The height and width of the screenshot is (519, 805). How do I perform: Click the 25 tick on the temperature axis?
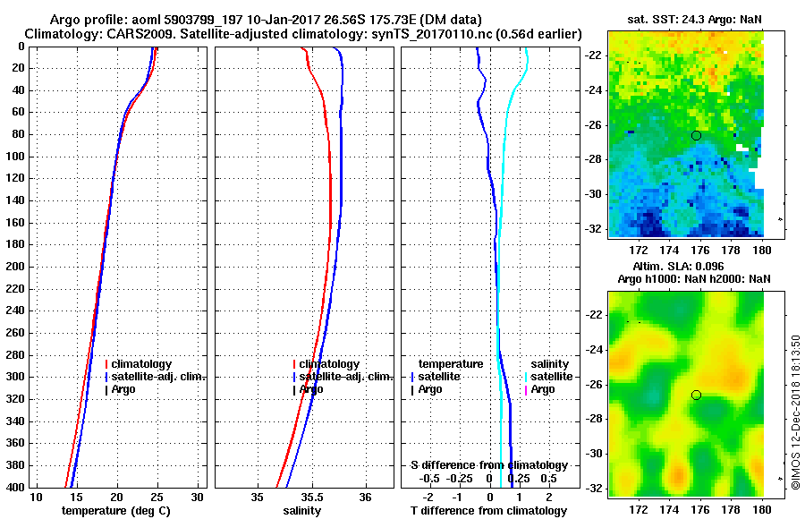[x=157, y=497]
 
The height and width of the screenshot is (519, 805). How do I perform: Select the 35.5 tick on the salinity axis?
[x=311, y=497]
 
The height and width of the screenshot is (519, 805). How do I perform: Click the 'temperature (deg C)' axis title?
[x=115, y=510]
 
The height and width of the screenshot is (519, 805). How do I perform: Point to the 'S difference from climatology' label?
[x=489, y=465]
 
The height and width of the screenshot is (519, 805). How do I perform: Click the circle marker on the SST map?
[x=696, y=135]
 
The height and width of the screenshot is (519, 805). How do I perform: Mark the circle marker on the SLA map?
[x=696, y=395]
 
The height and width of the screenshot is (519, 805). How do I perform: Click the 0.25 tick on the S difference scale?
[x=518, y=479]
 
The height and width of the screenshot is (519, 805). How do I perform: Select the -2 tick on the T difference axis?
[x=428, y=497]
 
